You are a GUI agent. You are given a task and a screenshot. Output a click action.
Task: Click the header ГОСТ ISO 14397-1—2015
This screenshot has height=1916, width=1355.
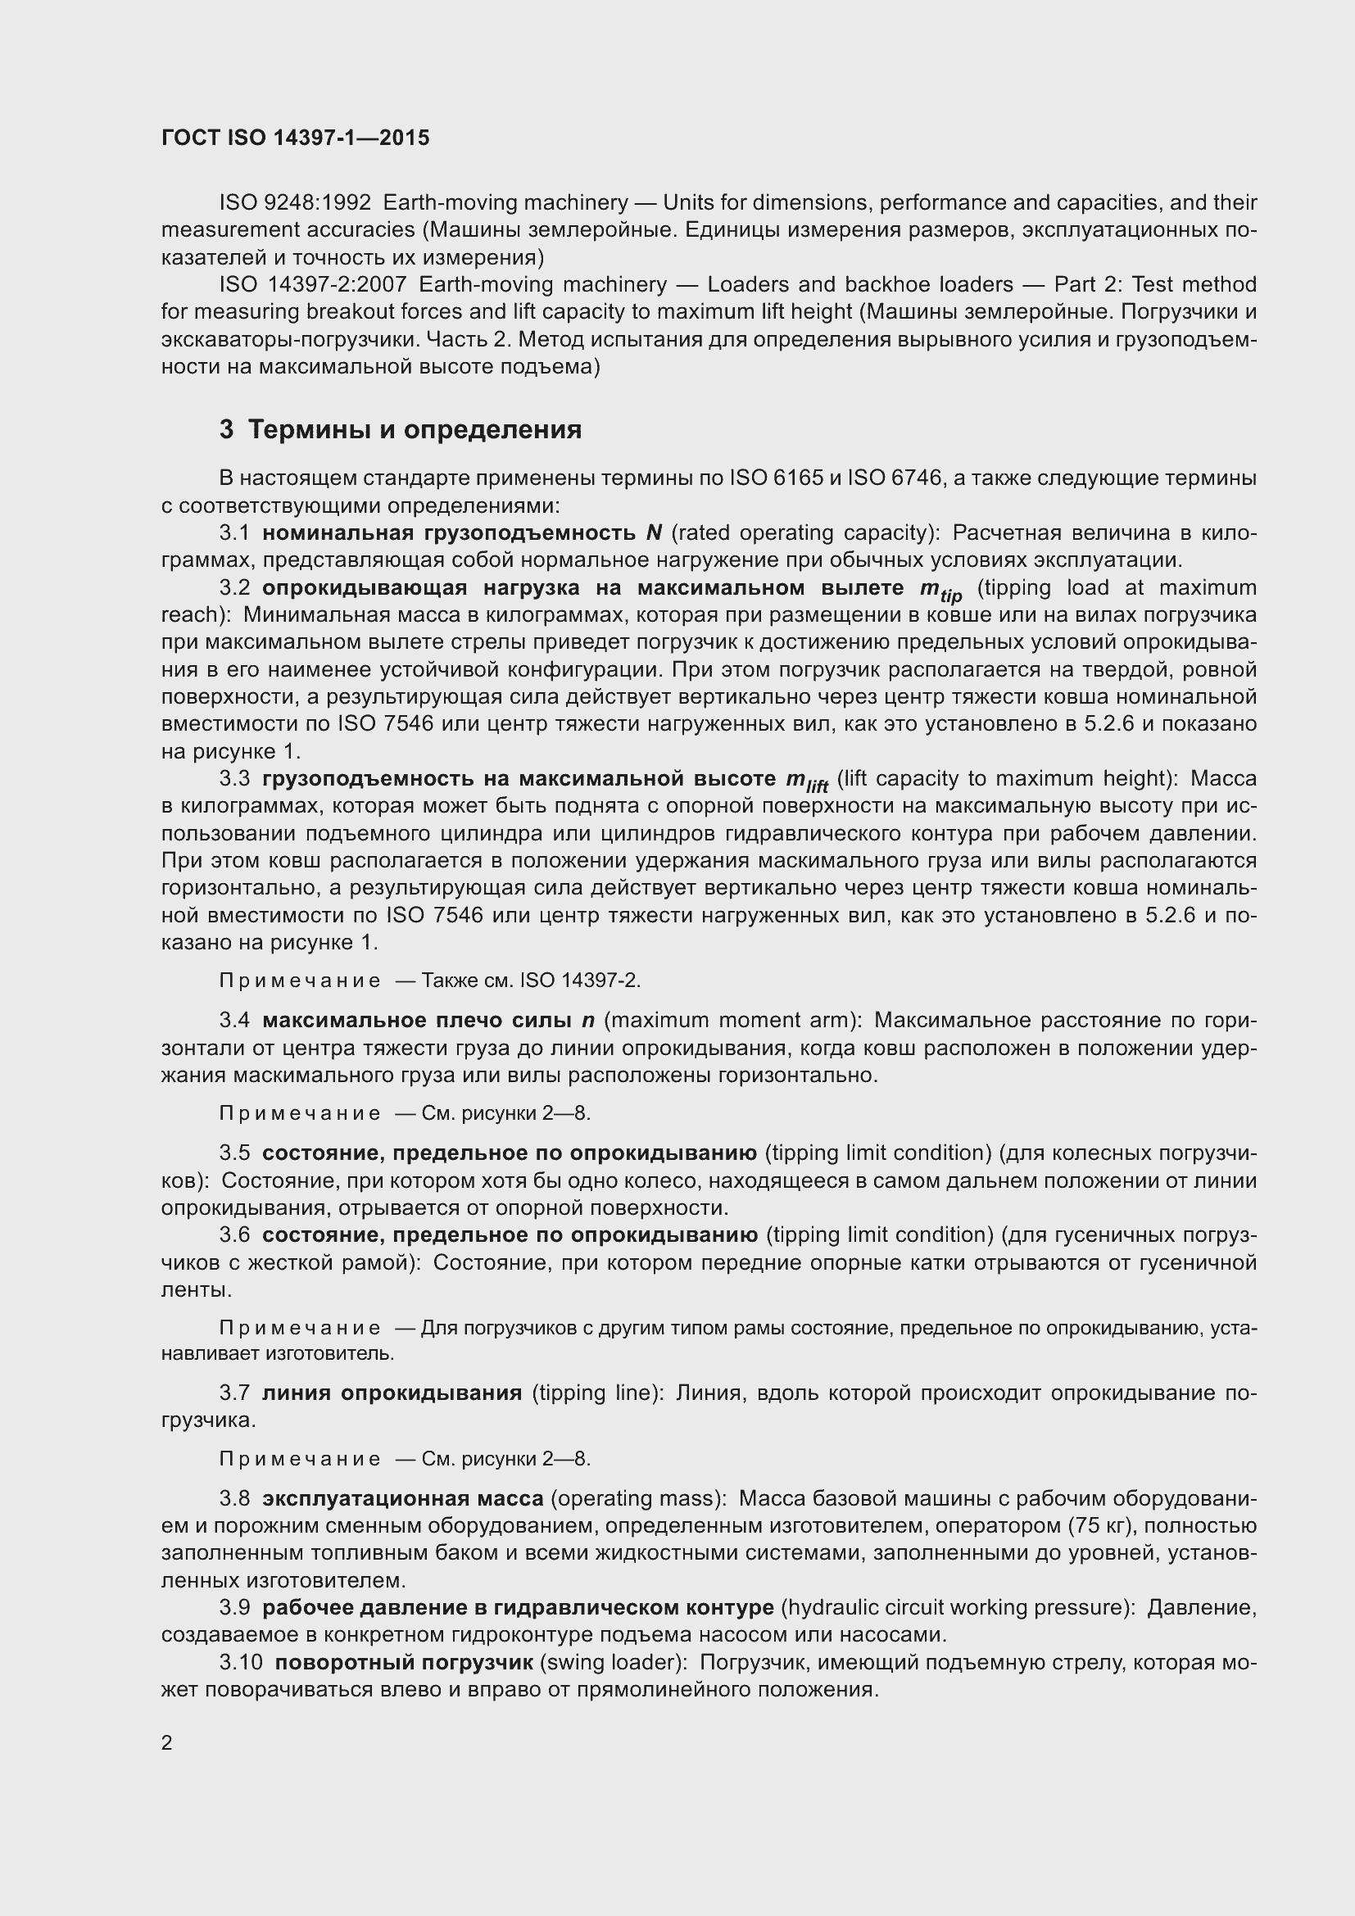tap(296, 138)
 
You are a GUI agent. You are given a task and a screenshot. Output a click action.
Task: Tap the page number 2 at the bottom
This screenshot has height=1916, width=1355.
tap(167, 1743)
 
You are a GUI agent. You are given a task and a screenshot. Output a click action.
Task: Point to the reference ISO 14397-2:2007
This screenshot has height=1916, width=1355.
tap(312, 284)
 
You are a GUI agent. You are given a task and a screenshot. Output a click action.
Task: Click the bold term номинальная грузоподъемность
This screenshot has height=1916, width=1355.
tap(449, 532)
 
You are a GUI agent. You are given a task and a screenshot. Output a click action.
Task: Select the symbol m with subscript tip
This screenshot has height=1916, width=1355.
tap(940, 590)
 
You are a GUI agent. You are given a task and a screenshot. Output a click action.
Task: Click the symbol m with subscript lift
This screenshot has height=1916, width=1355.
tap(807, 781)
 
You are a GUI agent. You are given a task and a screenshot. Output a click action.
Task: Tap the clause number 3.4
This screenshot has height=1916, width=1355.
tap(234, 1021)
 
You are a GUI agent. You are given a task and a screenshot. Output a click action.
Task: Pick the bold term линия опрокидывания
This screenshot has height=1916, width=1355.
tap(392, 1393)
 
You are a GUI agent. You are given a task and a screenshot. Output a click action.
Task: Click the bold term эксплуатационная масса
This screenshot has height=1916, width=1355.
tap(403, 1499)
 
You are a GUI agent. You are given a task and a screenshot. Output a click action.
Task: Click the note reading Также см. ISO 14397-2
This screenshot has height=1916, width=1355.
tap(531, 981)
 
